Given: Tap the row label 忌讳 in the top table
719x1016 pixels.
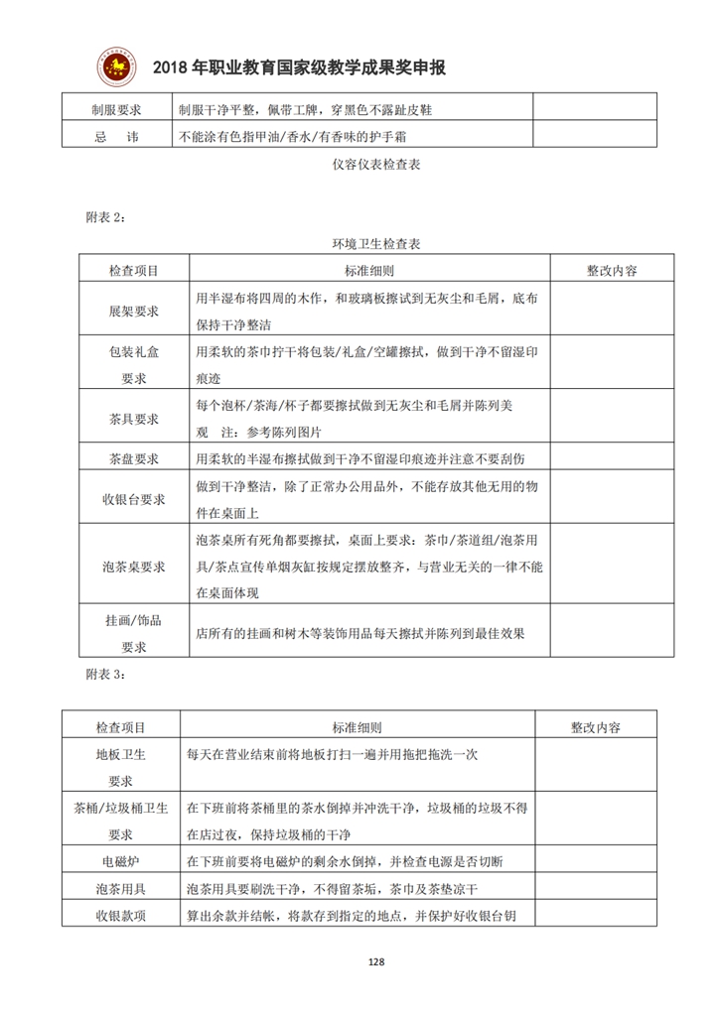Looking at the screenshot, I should pos(116,137).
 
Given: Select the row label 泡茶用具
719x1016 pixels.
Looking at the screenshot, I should pos(120,887).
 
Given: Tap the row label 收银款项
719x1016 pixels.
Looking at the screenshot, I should pos(120,915).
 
